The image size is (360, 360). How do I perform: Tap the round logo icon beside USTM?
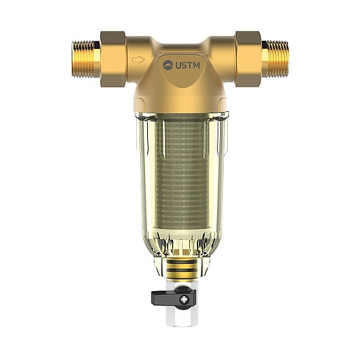pyautogui.click(x=168, y=64)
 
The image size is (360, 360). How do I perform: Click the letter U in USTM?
pyautogui.click(x=178, y=64)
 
